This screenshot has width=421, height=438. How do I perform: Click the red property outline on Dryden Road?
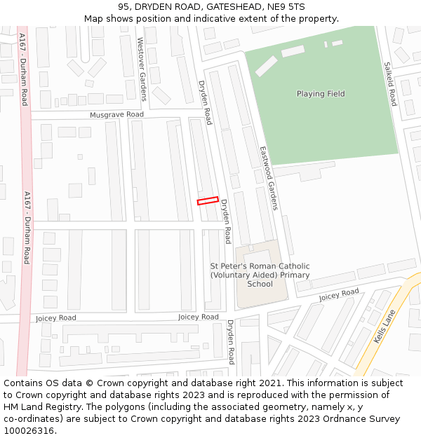tap(208, 201)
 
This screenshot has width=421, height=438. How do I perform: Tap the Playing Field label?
tap(321, 94)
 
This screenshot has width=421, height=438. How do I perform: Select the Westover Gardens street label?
tap(143, 69)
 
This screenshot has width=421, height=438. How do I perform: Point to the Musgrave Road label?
tap(116, 114)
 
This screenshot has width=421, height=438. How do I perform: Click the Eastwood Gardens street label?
tap(269, 178)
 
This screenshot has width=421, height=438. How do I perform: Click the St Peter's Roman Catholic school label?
tap(260, 275)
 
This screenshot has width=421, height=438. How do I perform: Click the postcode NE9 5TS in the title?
tap(286, 6)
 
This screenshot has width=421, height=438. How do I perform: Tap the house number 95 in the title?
tap(124, 6)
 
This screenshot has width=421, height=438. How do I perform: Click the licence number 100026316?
tap(29, 431)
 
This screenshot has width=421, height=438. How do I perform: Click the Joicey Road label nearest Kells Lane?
tap(339, 294)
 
